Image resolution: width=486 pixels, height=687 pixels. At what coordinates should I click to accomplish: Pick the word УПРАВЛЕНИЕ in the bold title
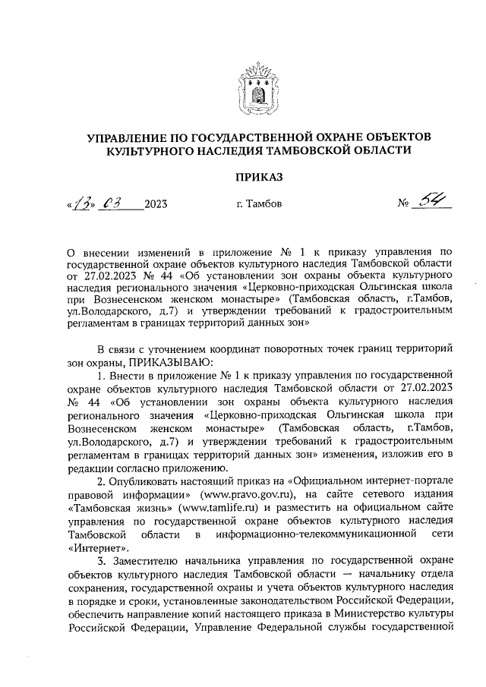tap(131, 137)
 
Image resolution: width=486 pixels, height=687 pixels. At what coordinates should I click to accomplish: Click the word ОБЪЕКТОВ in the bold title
tap(390, 137)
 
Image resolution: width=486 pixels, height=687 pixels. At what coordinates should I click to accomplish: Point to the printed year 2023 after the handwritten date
tap(156, 205)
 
